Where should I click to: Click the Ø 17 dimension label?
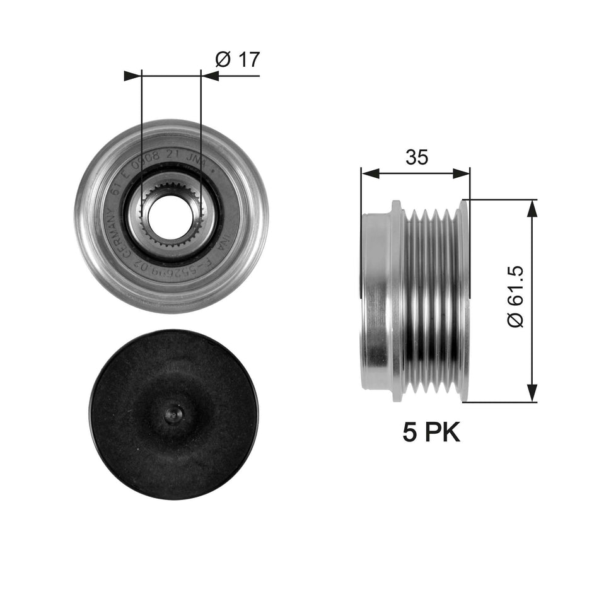[237, 60]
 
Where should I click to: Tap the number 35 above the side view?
[416, 158]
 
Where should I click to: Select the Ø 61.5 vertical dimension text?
[516, 296]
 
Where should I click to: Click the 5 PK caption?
[432, 433]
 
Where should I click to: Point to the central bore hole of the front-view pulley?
[171, 216]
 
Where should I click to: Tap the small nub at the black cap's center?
[173, 414]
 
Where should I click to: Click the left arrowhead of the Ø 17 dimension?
[132, 76]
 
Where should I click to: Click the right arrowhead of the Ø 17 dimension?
[209, 76]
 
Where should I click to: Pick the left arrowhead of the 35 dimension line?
[368, 173]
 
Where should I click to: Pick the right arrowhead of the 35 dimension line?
[463, 173]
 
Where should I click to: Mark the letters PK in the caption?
[444, 433]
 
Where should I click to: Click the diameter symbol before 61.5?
[516, 319]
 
